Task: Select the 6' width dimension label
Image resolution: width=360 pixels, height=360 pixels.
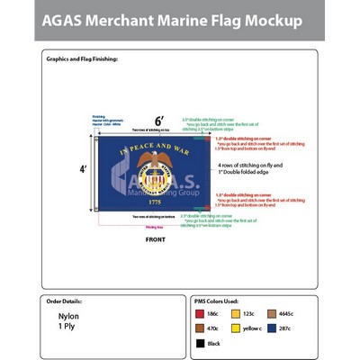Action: click(159, 120)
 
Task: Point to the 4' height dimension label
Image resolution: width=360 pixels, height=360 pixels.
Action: click(84, 168)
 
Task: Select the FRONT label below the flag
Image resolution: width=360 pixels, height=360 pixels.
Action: click(156, 240)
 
